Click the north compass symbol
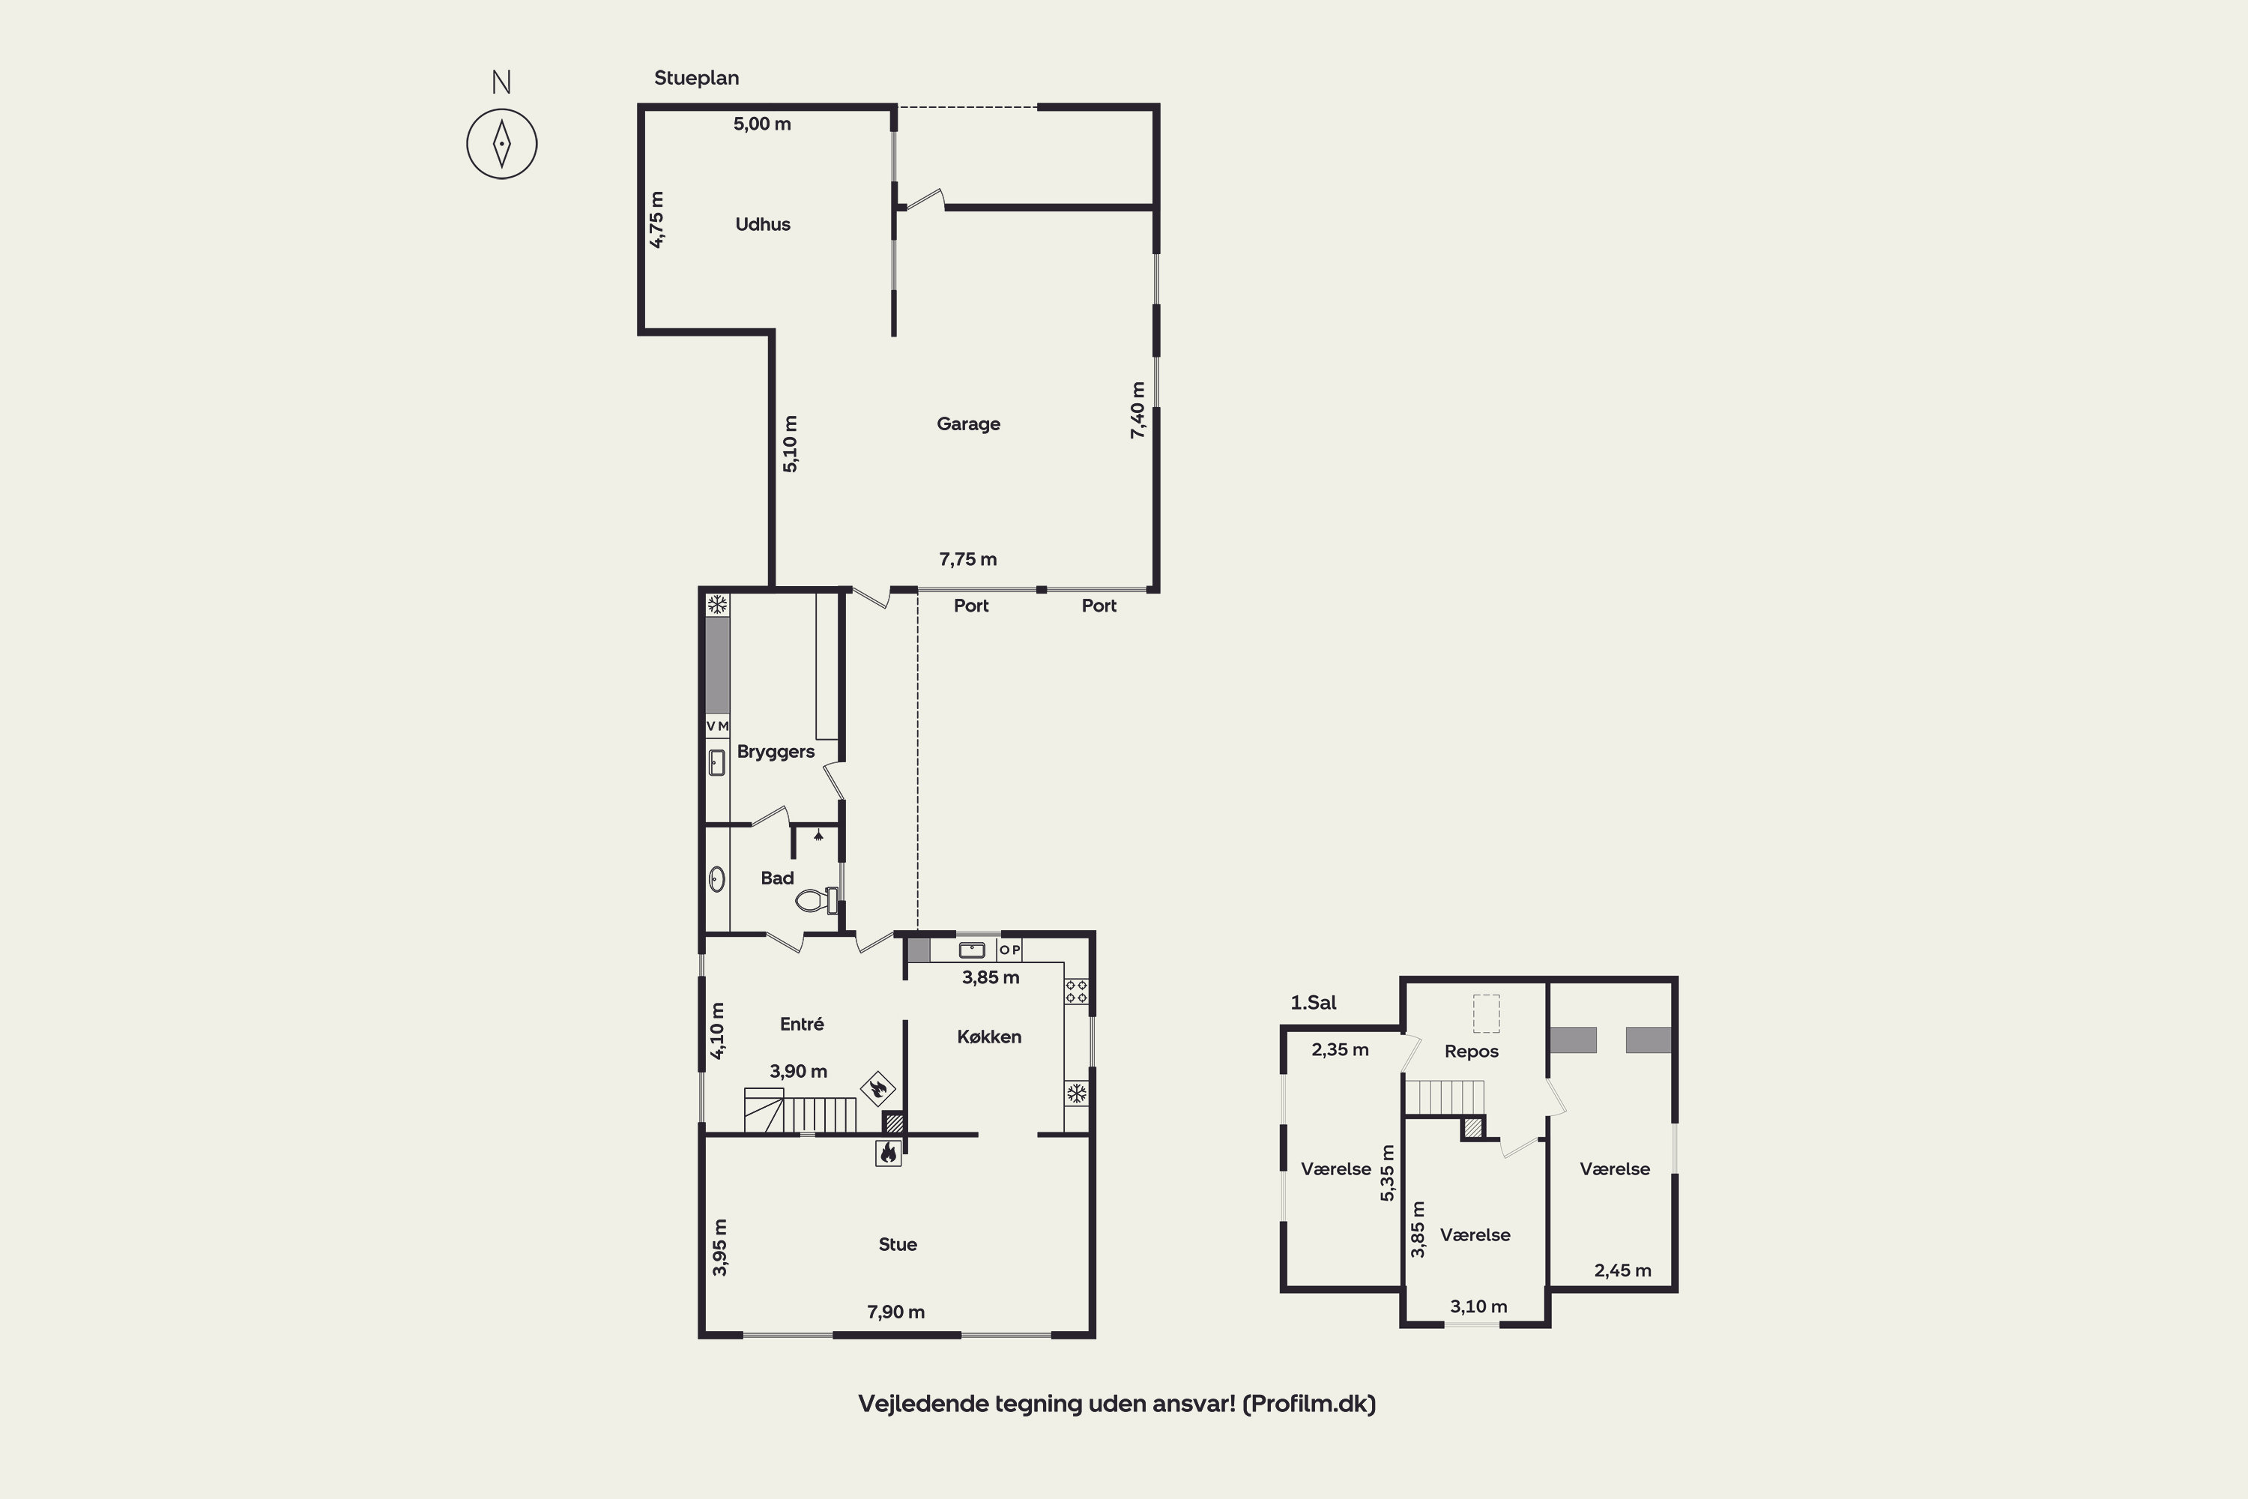click(x=502, y=143)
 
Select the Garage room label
click(x=968, y=424)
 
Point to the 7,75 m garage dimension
click(x=967, y=559)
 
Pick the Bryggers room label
click(x=775, y=752)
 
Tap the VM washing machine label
click(x=717, y=726)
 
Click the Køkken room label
click(x=989, y=1037)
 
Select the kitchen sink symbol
click(x=972, y=950)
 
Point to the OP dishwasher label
click(x=1009, y=950)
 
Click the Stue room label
click(x=898, y=1243)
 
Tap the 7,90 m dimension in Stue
click(x=895, y=1312)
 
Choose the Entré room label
click(x=801, y=1024)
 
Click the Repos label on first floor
click(x=1471, y=1052)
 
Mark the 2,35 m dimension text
click(x=1340, y=1050)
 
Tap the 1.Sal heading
click(x=1314, y=1003)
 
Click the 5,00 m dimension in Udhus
click(x=762, y=124)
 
